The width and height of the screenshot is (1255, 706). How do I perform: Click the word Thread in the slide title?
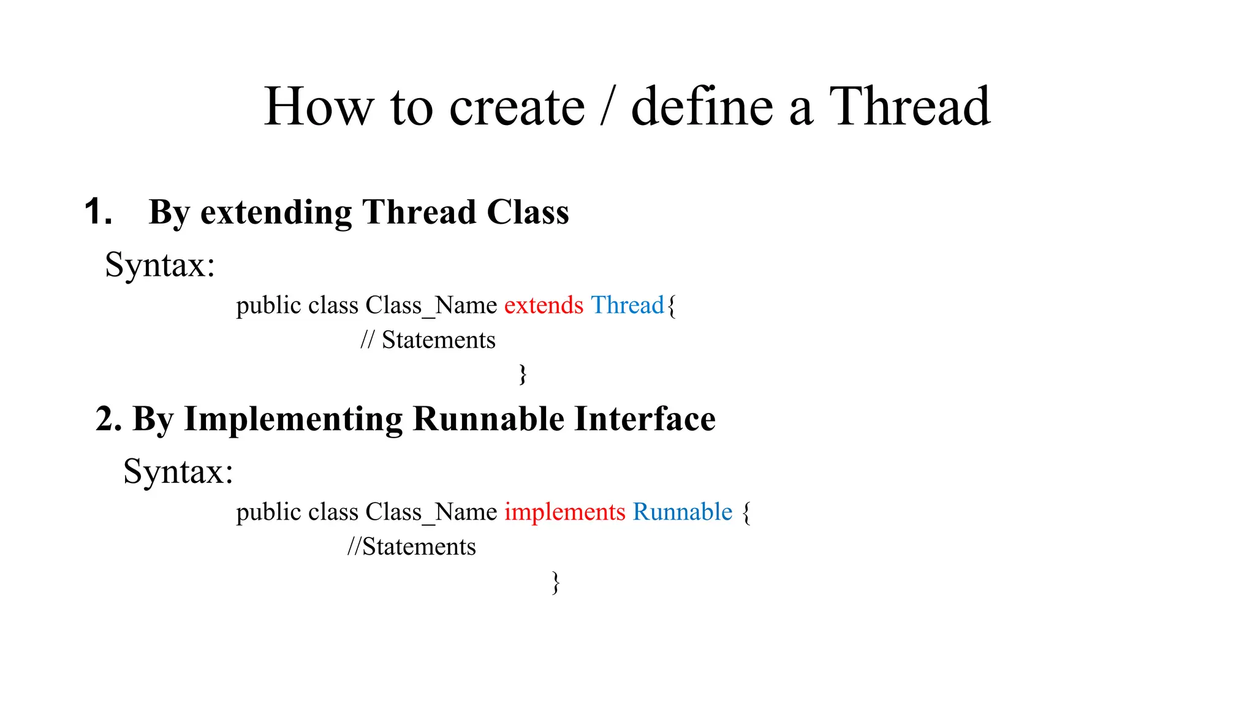pos(909,107)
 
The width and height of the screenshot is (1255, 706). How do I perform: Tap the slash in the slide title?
pos(607,107)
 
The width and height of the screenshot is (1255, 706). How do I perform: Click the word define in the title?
pos(702,107)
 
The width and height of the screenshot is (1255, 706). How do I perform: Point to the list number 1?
pos(98,212)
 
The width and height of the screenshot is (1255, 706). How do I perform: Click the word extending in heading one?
pos(276,213)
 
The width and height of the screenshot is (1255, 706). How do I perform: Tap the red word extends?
pos(544,305)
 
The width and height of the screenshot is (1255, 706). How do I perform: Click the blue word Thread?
pos(627,305)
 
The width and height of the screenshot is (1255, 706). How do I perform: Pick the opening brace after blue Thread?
pos(672,306)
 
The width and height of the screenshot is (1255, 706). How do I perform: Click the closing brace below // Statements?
pos(523,374)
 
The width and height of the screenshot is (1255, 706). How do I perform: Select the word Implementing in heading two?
pos(293,420)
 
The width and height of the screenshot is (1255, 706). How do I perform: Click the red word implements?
pos(564,512)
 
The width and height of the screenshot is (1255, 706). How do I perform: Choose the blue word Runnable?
pos(683,512)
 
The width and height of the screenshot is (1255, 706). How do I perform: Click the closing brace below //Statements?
pos(555,582)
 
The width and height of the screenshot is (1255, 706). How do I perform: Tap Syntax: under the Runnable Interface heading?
pos(178,472)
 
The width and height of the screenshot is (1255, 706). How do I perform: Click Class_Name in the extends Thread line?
pos(431,305)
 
